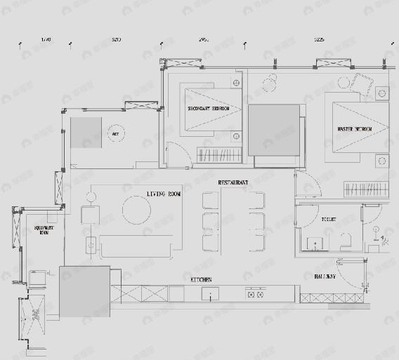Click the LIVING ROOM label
(x=164, y=193)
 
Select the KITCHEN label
(x=202, y=279)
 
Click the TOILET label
(x=329, y=220)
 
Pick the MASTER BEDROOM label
(x=354, y=130)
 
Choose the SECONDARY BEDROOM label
(x=209, y=109)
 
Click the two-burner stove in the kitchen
(x=254, y=294)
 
